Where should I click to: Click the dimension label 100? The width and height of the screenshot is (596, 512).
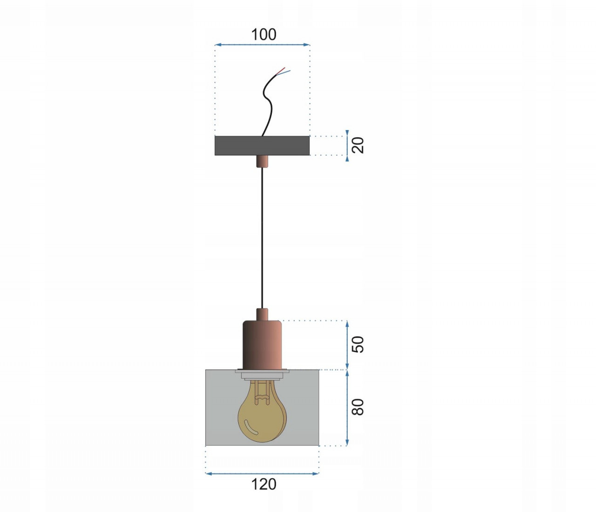(x=264, y=35)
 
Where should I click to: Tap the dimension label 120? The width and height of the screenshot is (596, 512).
(x=264, y=484)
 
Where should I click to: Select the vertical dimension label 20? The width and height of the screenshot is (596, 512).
(x=358, y=145)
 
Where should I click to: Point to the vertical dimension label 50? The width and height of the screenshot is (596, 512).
(x=358, y=344)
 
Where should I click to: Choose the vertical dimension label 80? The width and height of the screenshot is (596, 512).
(x=358, y=407)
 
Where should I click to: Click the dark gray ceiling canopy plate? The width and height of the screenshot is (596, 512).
(x=262, y=145)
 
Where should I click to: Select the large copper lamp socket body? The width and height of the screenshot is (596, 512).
(x=262, y=345)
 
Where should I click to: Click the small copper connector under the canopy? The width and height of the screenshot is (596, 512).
(x=262, y=161)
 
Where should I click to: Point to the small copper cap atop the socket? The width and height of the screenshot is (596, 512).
(x=262, y=314)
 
